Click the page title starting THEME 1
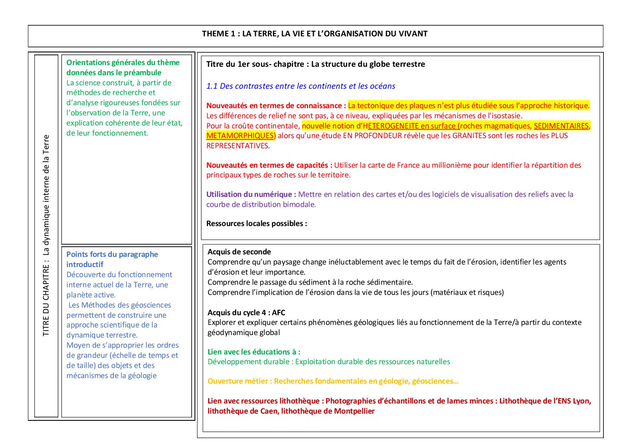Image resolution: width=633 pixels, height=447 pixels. pos(315,34)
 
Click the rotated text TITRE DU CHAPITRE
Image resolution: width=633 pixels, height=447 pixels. pos(46,235)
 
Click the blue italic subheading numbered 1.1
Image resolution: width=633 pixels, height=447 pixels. pos(301,86)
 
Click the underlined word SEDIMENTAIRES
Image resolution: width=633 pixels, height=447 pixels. pos(561,126)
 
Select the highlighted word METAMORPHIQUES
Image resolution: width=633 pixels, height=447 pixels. pos(240,136)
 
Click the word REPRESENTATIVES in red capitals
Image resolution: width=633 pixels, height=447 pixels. pos(238,146)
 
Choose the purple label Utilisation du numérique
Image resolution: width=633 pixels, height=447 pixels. pos(251,194)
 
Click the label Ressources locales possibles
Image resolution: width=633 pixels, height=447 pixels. pos(257,223)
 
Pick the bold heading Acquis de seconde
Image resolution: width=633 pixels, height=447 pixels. pos(239,252)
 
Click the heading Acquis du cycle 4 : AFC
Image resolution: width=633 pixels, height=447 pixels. pos(247,313)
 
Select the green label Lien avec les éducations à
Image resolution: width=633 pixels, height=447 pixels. pos(254,352)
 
